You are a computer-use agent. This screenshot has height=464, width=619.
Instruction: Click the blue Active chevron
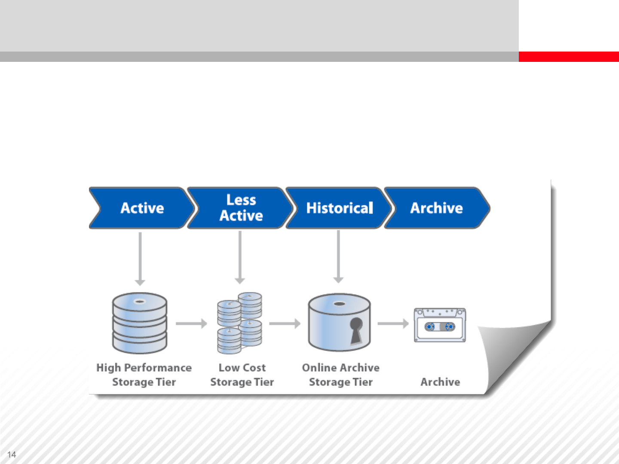pos(142,208)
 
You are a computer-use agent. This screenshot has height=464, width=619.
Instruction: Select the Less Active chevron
pos(241,208)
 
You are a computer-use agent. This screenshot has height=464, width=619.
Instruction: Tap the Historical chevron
pos(339,208)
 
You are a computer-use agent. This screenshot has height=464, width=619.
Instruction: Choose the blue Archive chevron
pos(437,208)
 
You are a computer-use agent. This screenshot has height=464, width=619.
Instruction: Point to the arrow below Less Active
pos(240,257)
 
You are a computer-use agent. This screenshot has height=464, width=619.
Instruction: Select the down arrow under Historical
pos(338,256)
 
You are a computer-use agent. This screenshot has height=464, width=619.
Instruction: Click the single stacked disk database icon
pos(140,323)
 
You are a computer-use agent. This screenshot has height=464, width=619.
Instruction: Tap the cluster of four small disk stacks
pos(239,323)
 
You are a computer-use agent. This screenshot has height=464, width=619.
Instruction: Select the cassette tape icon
pos(440,325)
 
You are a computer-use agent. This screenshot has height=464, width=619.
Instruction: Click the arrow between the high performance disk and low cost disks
pos(191,324)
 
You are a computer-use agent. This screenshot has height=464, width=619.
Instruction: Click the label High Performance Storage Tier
pos(144,375)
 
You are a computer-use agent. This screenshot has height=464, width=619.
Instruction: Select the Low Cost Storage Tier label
pos(242,375)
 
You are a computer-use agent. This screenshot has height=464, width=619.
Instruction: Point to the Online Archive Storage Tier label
pos(341,375)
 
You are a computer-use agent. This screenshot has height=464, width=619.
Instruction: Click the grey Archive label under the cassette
pos(440,382)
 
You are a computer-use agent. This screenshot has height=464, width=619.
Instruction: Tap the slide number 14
pos(12,455)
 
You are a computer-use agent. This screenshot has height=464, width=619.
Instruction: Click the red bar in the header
pos(569,57)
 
